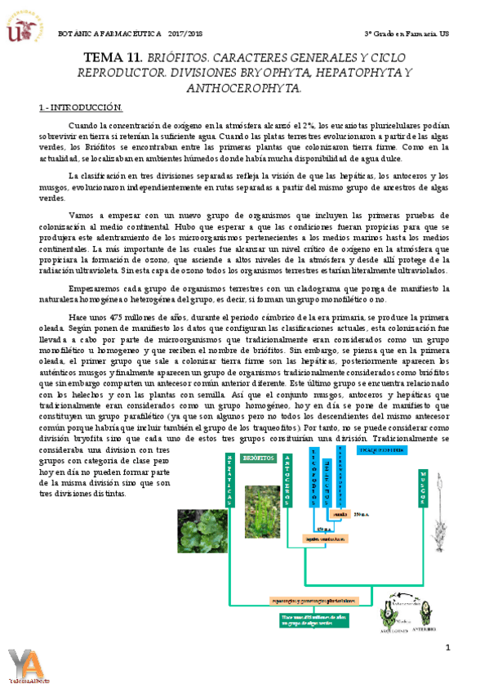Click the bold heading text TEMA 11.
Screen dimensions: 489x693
point(113,58)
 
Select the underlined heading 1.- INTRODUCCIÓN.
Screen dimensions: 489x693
point(81,108)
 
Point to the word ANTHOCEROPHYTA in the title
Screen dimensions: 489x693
point(245,87)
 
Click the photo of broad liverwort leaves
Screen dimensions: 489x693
point(203,527)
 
